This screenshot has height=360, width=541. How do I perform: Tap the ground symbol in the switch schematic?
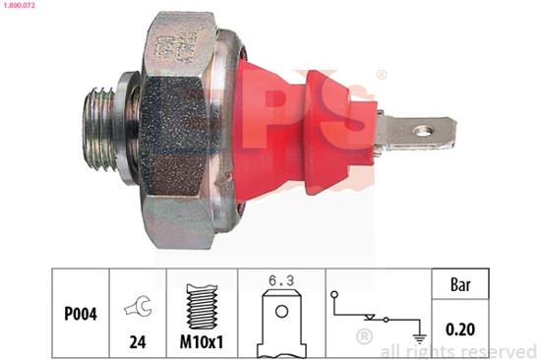pyautogui.click(x=420, y=337)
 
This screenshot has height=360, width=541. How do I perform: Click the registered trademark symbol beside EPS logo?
pyautogui.click(x=382, y=75)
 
